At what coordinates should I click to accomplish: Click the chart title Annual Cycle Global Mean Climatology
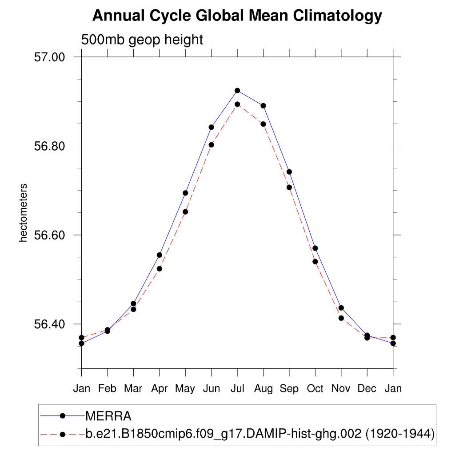point(237,16)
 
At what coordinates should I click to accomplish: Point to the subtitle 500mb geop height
point(142,40)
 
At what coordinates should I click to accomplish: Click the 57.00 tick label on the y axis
point(50,57)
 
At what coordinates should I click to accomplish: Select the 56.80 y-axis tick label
point(50,146)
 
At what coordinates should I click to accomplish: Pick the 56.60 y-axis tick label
point(50,235)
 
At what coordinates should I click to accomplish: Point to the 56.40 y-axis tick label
point(50,324)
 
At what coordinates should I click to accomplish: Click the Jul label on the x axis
point(237,389)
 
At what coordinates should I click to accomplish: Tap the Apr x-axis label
point(159,389)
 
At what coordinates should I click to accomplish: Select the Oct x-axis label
point(315,389)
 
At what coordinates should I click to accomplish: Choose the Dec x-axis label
point(367,389)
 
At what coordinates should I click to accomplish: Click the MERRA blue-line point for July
point(237,91)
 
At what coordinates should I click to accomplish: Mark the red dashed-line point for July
point(237,104)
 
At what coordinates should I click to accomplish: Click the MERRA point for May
point(185,193)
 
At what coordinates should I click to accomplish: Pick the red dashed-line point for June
point(212,144)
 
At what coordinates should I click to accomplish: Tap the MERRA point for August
point(263,106)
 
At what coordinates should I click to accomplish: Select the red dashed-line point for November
point(341,318)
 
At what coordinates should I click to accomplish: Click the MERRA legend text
point(108,416)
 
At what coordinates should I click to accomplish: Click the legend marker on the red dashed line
point(63,433)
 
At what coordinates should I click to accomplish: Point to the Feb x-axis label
point(107,389)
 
